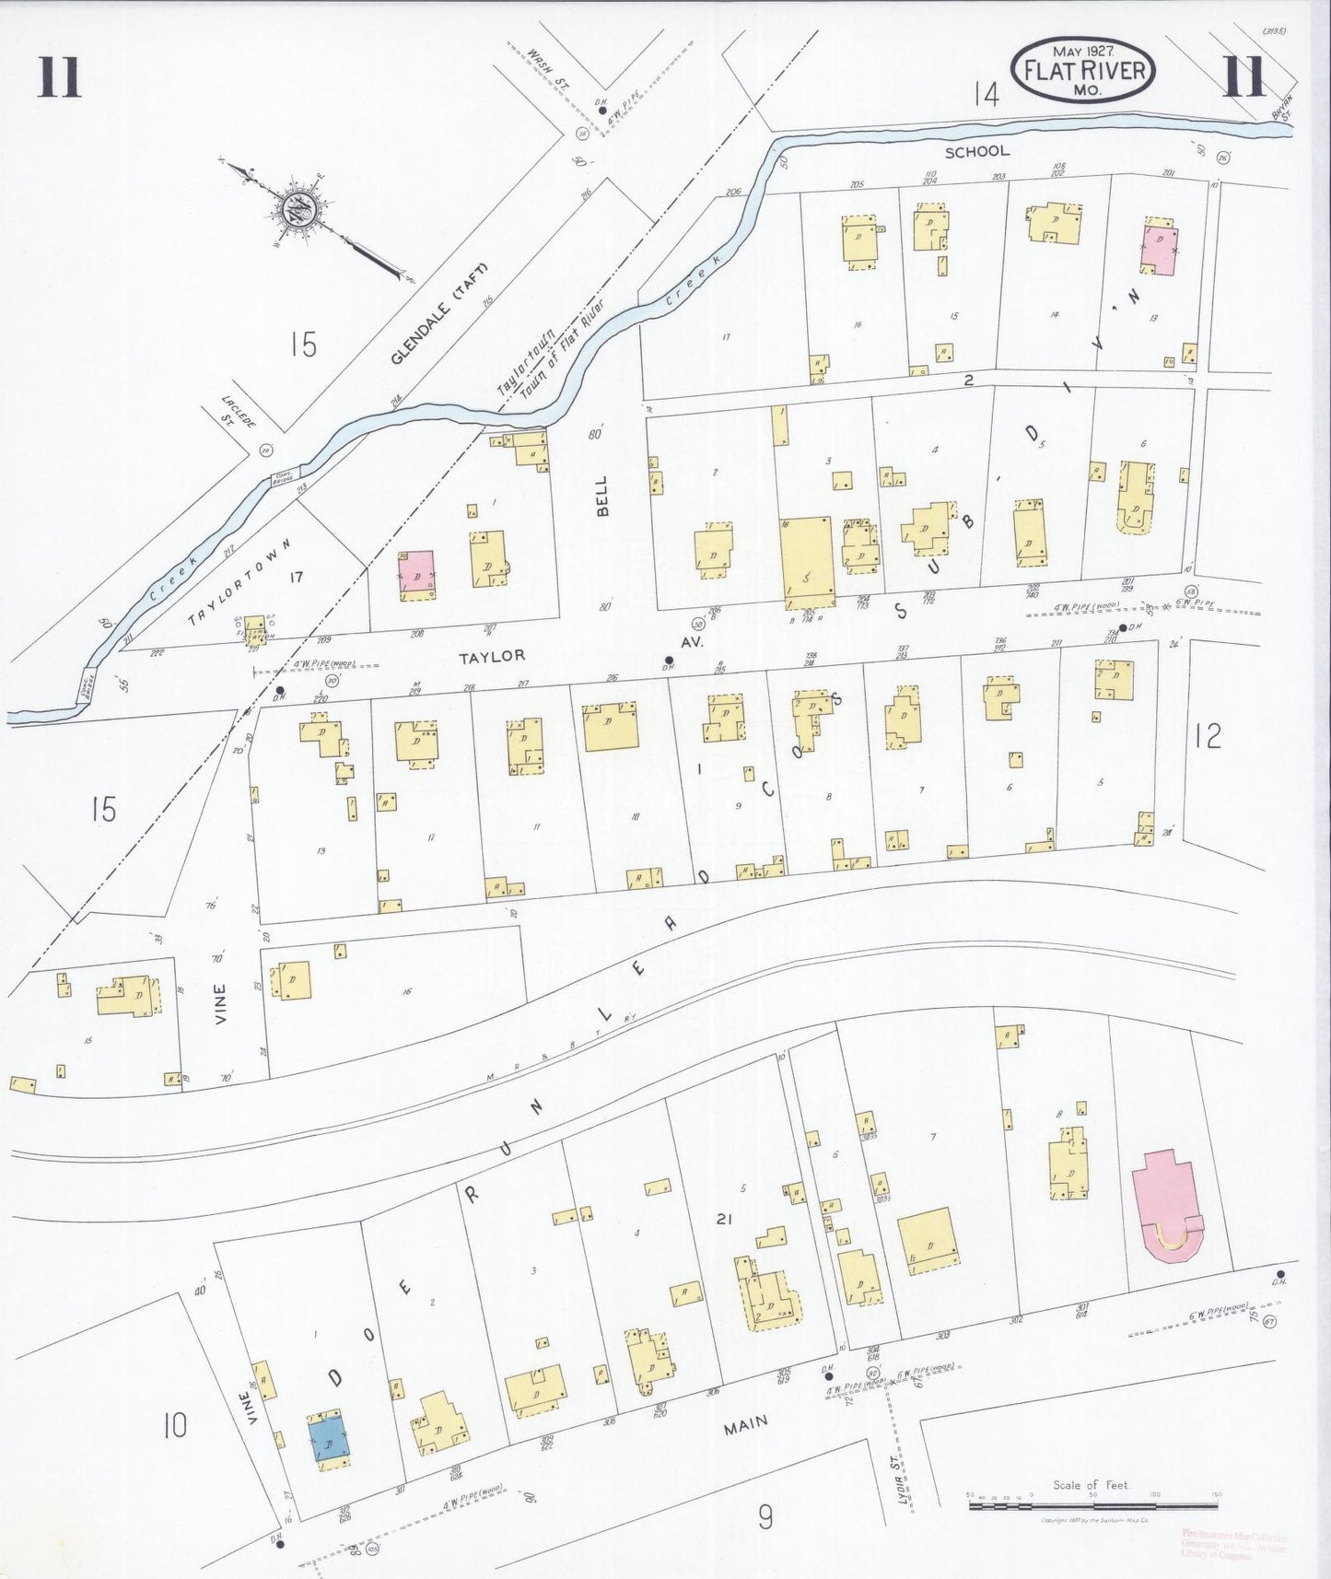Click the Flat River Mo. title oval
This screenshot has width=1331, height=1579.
(x=1083, y=69)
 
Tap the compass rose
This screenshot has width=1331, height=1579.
(x=301, y=209)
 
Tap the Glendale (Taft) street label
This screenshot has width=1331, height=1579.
(x=437, y=313)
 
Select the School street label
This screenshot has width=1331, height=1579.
(x=976, y=151)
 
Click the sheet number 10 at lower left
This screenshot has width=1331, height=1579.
(x=174, y=1426)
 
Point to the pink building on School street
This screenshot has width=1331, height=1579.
(x=1160, y=246)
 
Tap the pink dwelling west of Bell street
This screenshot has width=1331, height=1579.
(x=417, y=574)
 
